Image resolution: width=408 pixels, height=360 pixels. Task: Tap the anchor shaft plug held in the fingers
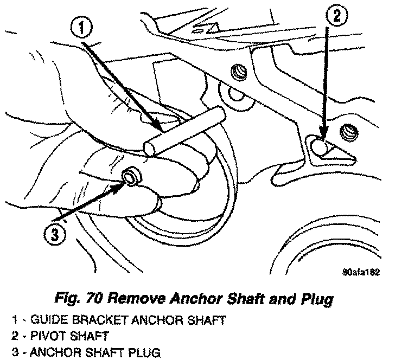131,177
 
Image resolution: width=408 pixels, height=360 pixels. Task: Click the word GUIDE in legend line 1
46,321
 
